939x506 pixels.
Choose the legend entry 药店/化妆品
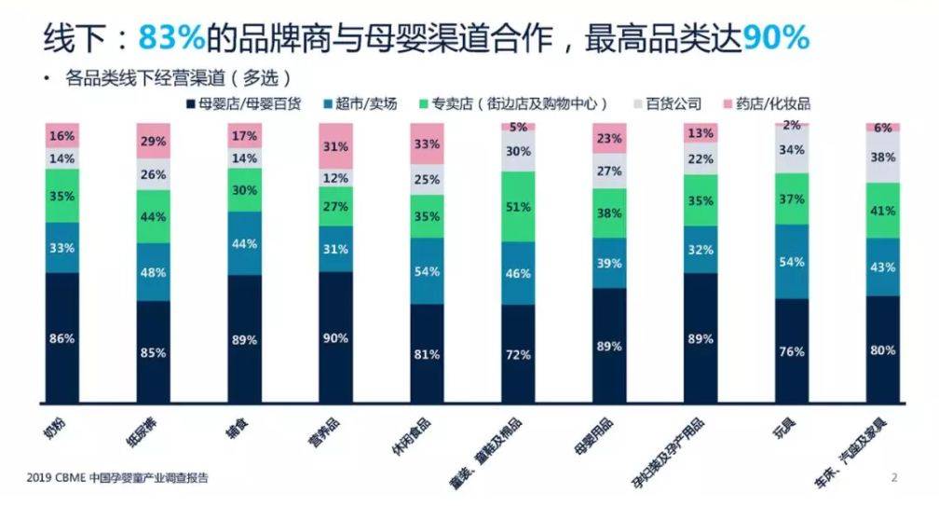point(772,103)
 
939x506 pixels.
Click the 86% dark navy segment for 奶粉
point(62,338)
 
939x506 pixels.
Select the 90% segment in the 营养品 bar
point(336,337)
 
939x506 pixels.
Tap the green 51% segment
point(519,207)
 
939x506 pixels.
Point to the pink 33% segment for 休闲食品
point(428,144)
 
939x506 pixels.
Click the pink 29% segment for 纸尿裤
point(154,142)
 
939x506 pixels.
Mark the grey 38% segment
point(884,157)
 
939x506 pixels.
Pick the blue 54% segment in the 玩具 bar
point(793,262)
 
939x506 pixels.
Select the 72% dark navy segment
point(519,354)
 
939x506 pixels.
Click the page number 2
point(894,478)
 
